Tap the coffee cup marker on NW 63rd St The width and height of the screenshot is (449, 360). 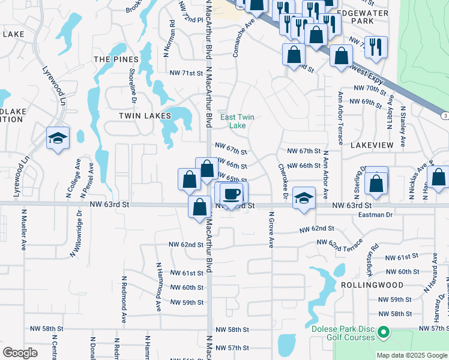coord(232,193)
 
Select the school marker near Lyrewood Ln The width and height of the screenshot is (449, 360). coord(58,139)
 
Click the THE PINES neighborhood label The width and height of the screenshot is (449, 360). coord(116,59)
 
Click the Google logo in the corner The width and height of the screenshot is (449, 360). coord(20,353)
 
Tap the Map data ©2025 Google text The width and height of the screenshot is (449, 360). coord(411,355)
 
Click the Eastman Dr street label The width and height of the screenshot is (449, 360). coord(375,214)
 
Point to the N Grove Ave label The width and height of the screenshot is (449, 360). coord(271,230)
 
